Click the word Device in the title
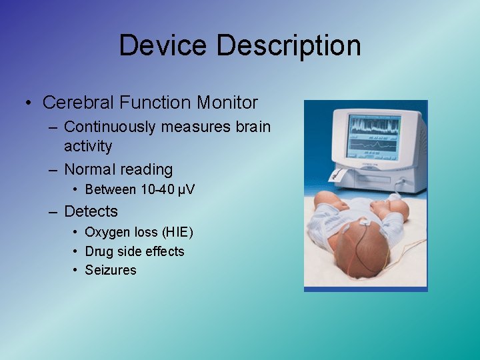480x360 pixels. pyautogui.click(x=163, y=46)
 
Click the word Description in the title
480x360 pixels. pyautogui.click(x=289, y=46)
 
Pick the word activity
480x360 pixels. pyautogui.click(x=88, y=145)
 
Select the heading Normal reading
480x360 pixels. pyautogui.click(x=118, y=170)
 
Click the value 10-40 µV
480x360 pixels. pyautogui.click(x=167, y=190)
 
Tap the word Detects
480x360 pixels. pyautogui.click(x=91, y=212)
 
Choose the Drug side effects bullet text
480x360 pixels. pyautogui.click(x=134, y=251)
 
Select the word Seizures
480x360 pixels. pyautogui.click(x=110, y=270)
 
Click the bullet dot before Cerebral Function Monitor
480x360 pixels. pyautogui.click(x=28, y=103)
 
